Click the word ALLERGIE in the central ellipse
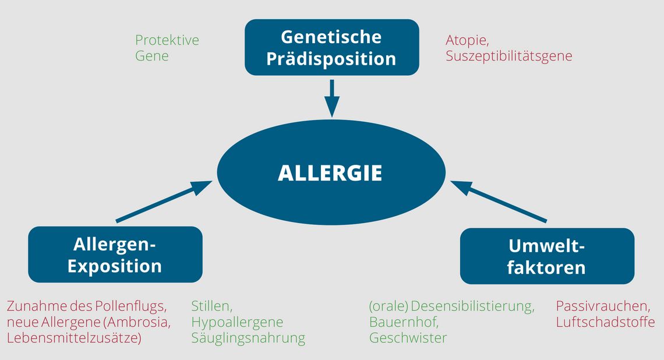(x=330, y=173)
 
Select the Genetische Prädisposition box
(x=332, y=47)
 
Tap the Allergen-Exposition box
(x=115, y=255)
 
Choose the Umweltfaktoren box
(x=547, y=256)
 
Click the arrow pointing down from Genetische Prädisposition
(x=332, y=98)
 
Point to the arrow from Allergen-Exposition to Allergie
(x=164, y=201)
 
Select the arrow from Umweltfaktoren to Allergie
(x=499, y=201)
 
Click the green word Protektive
(x=167, y=40)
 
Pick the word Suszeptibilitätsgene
(x=508, y=57)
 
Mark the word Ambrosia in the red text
(x=137, y=322)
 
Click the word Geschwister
(x=408, y=338)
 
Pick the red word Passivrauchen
(x=603, y=306)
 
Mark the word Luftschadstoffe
(x=606, y=322)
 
